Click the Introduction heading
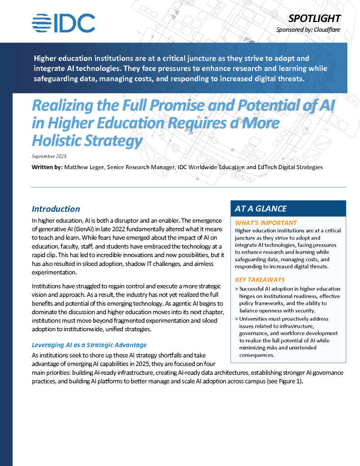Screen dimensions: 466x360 click(x=56, y=209)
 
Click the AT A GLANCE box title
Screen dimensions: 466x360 click(x=261, y=208)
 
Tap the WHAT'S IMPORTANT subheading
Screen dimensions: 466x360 click(x=266, y=223)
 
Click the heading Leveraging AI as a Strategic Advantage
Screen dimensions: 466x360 click(x=89, y=345)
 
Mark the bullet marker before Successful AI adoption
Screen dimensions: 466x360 click(x=237, y=289)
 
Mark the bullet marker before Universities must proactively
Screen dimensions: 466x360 click(x=237, y=319)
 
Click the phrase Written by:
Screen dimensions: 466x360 click(x=47, y=167)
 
